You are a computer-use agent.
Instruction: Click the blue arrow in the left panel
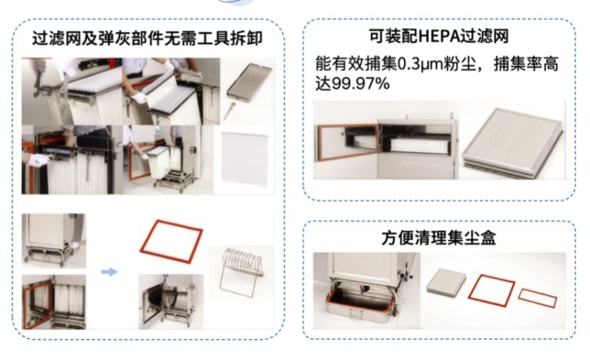point(110,271)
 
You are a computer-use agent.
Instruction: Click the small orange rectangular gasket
point(538,297)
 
